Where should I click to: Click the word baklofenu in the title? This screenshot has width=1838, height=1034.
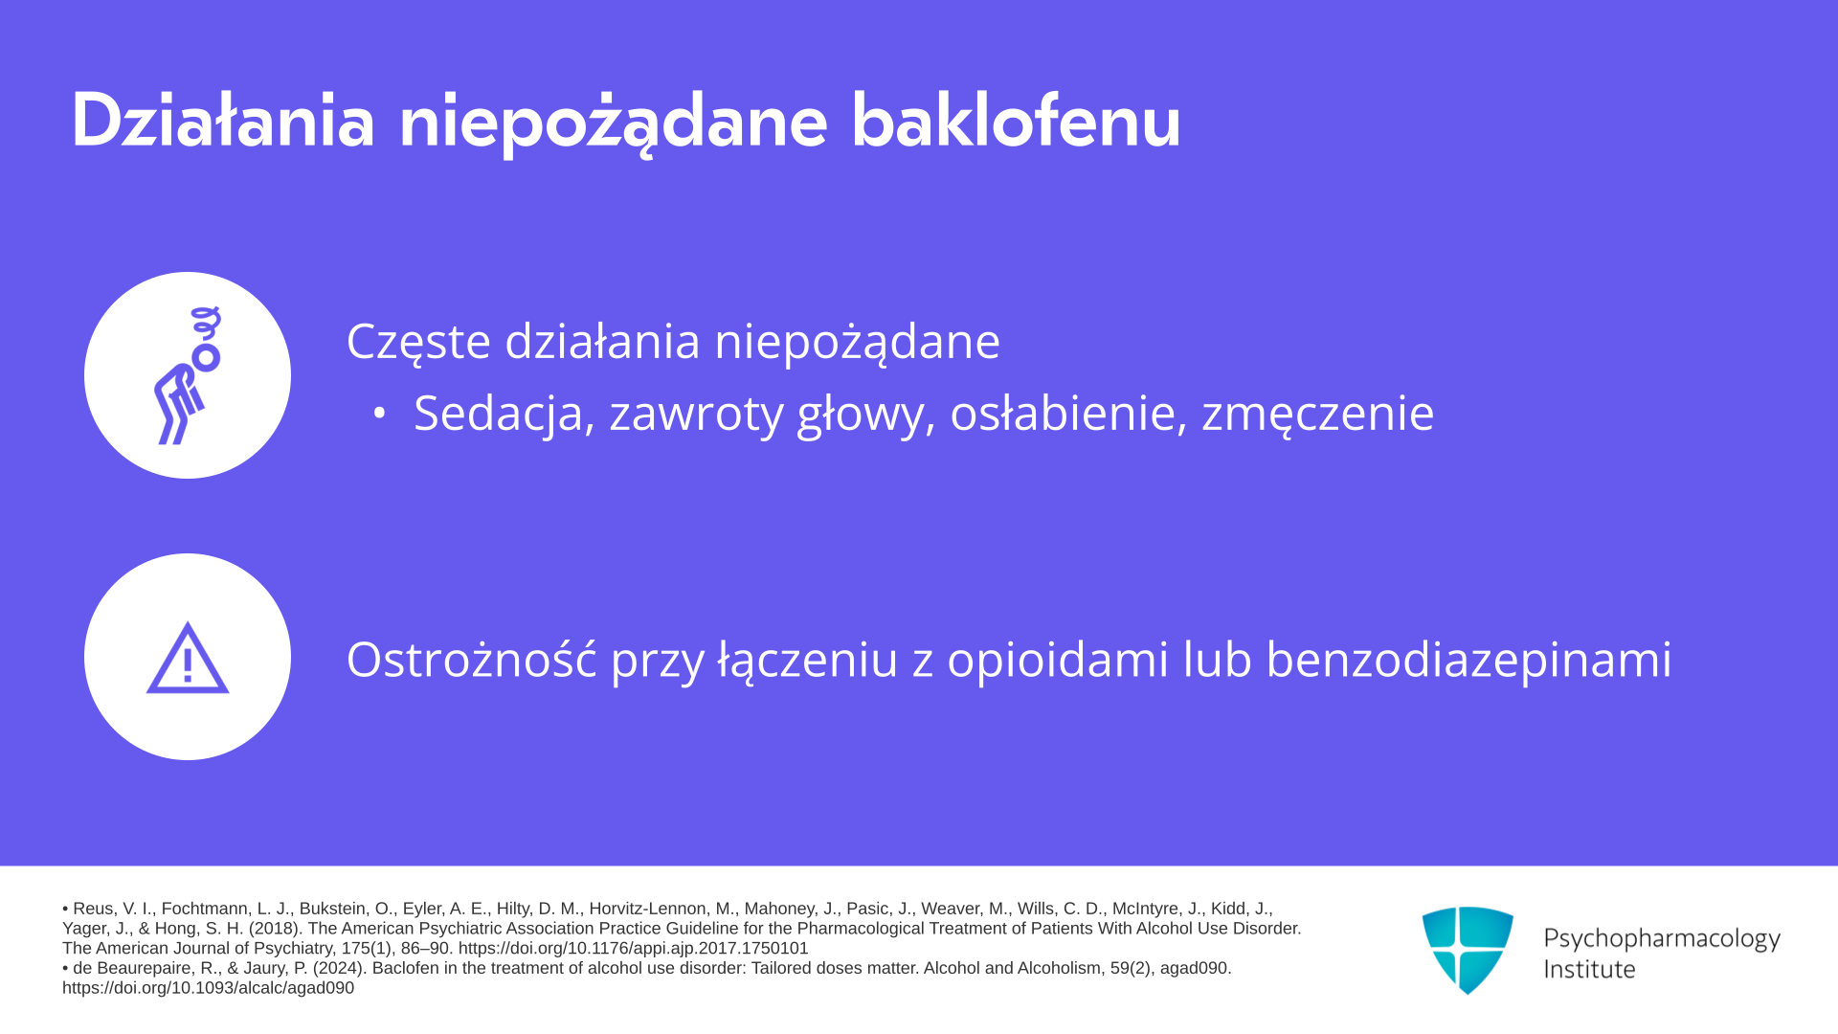(1016, 121)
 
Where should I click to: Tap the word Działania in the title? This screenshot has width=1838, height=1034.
(222, 121)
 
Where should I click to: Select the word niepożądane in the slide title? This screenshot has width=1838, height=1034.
(613, 123)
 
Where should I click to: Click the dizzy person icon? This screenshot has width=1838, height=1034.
(188, 375)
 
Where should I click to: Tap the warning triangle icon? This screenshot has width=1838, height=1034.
(188, 658)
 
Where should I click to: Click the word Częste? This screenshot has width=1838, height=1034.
(418, 342)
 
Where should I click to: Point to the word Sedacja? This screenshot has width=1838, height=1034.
(499, 414)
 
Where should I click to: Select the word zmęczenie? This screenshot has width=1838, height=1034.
(1318, 415)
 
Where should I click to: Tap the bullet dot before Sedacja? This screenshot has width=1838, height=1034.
(380, 414)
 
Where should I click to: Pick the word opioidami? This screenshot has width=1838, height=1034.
(1058, 661)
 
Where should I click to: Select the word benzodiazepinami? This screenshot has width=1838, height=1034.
(1468, 661)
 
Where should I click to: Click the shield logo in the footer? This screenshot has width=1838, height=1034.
(1468, 950)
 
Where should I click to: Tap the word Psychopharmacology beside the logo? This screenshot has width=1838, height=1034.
(1662, 939)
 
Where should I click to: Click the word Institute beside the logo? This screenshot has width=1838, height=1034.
(1589, 969)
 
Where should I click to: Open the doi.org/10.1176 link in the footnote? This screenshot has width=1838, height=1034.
(634, 948)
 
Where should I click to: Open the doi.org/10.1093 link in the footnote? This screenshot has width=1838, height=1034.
(208, 988)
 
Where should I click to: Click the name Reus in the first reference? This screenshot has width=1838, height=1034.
(94, 909)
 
